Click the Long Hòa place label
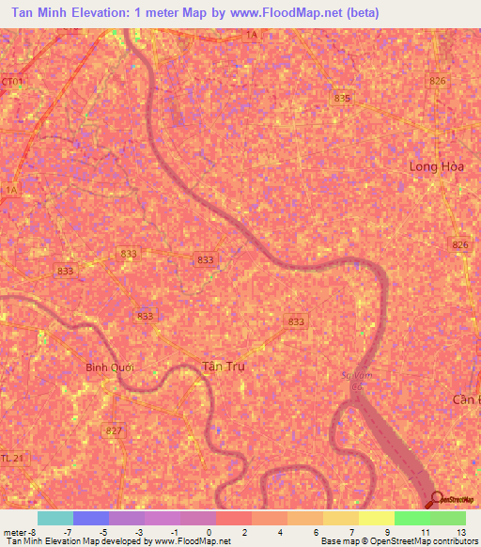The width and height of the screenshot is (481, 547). pyautogui.click(x=437, y=166)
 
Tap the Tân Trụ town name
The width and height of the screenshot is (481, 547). pyautogui.click(x=224, y=366)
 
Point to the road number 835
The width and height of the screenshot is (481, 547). pyautogui.click(x=342, y=99)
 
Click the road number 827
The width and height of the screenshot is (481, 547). pyautogui.click(x=115, y=430)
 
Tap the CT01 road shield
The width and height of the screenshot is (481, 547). pyautogui.click(x=11, y=82)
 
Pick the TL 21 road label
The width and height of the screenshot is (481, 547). pyautogui.click(x=10, y=458)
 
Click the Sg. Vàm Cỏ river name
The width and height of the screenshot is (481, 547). pyautogui.click(x=349, y=379)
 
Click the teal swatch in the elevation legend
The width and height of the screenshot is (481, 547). pyautogui.click(x=55, y=518)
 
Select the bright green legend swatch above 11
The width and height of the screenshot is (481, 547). pyautogui.click(x=412, y=518)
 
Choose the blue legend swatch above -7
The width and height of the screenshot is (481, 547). pyautogui.click(x=91, y=518)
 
